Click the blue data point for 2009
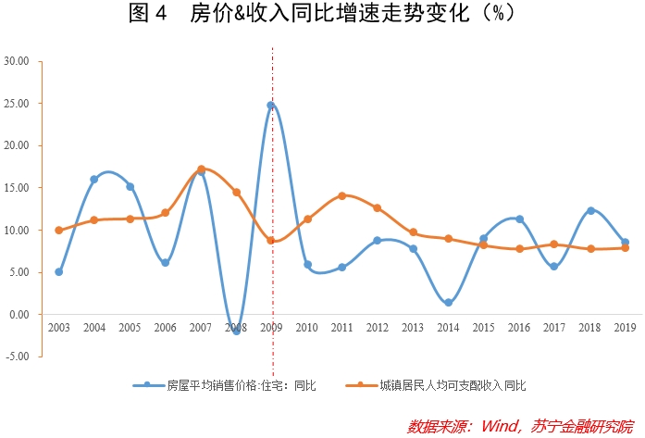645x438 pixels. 271,106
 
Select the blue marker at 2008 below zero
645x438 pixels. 236,330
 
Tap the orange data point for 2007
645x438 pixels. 201,169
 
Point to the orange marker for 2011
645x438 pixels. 342,195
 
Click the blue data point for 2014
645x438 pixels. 448,303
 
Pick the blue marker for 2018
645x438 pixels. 589,210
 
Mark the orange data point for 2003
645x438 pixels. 59,230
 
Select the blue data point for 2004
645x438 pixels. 94,179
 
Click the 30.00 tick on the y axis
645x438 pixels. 17,61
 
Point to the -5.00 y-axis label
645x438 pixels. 17,356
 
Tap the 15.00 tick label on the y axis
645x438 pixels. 17,187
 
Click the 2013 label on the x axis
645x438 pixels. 413,329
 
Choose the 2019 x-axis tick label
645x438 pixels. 625,329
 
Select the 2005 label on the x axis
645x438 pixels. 130,329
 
